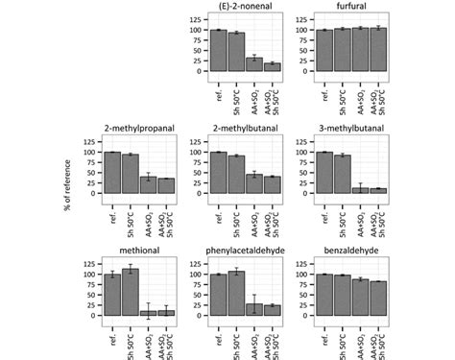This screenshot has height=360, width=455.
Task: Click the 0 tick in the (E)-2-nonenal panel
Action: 200,71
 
